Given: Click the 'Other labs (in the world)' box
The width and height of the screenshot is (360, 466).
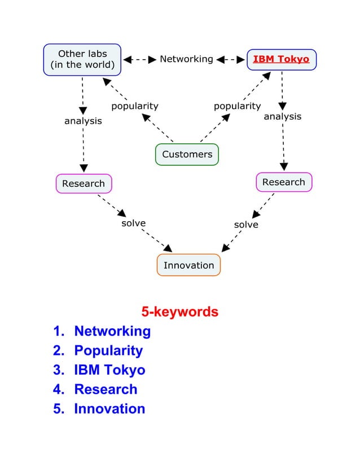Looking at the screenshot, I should click(x=82, y=59).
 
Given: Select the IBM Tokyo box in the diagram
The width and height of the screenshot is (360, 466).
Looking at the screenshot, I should click(x=281, y=59).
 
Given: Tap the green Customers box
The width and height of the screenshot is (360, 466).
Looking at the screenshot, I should click(x=187, y=155).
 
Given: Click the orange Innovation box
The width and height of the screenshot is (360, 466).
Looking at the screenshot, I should click(x=188, y=265).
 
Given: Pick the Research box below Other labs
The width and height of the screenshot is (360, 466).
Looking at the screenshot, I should click(x=84, y=183).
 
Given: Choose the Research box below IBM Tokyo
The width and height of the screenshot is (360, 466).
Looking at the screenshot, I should click(x=283, y=182).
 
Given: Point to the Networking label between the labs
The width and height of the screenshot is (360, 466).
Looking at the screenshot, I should click(x=186, y=59).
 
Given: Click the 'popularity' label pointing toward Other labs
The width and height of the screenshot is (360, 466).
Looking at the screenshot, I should click(x=134, y=106).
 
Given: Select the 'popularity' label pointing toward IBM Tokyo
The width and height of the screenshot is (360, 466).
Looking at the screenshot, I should click(x=237, y=106).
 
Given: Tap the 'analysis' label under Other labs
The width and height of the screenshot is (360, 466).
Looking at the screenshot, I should click(x=83, y=121).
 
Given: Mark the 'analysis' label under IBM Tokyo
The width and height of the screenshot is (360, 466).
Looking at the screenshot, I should click(x=282, y=117).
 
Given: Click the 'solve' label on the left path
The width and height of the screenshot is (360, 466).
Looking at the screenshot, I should click(x=134, y=223).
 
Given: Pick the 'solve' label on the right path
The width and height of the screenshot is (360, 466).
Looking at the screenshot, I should click(x=246, y=225).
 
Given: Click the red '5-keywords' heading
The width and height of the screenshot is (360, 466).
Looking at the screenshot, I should click(x=179, y=311).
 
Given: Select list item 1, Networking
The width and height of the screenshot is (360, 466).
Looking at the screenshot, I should click(x=112, y=331).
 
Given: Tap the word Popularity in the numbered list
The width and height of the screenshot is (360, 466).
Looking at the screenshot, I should click(x=108, y=350).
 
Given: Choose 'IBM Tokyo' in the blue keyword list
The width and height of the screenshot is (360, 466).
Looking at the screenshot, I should click(x=109, y=370).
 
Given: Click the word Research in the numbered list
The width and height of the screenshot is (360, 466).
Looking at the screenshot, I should click(x=106, y=389).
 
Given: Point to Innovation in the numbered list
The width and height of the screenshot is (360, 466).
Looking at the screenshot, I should click(x=109, y=409).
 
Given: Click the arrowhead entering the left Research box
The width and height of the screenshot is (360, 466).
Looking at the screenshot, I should click(x=84, y=168).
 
